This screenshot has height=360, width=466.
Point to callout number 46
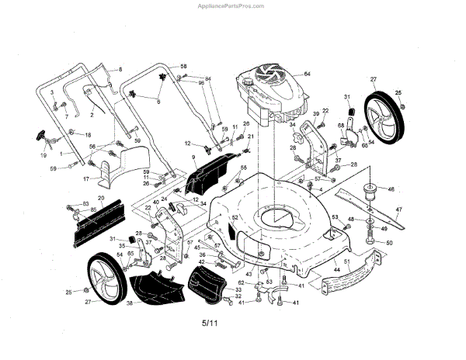tap(391, 189)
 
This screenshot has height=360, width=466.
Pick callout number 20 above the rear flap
tap(100, 198)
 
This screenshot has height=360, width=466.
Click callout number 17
tap(87, 179)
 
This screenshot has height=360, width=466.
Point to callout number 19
tap(43, 156)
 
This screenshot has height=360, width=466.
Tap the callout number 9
tap(193, 157)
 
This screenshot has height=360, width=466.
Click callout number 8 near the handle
tap(120, 70)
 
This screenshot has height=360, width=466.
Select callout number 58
tap(184, 67)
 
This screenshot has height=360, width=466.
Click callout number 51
tap(348, 262)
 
